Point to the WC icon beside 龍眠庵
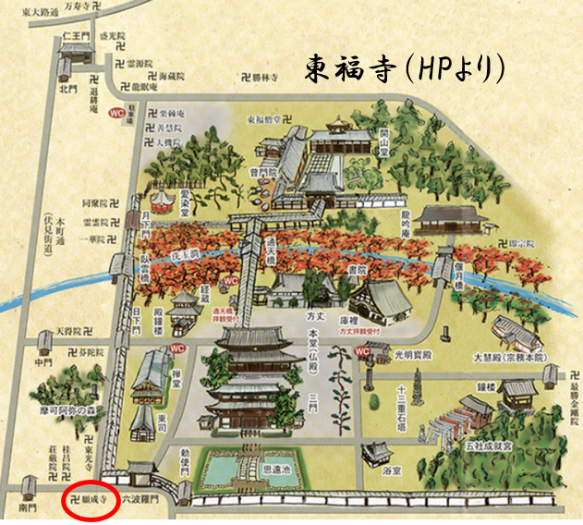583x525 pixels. click(117, 113)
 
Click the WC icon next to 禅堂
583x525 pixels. click(180, 349)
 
